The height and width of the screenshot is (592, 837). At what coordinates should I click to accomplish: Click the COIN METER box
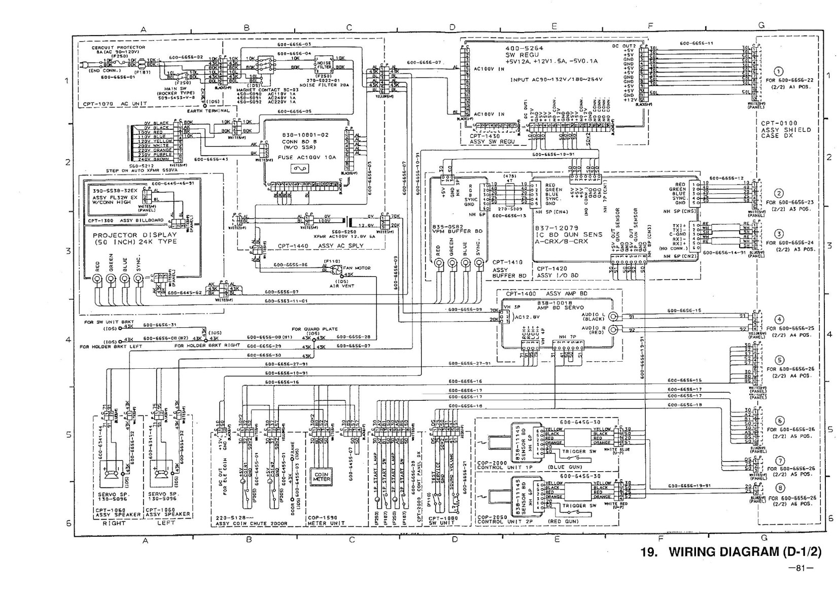322,477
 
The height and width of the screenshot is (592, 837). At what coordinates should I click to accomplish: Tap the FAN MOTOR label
357,268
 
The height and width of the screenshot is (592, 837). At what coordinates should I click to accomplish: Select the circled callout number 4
780,320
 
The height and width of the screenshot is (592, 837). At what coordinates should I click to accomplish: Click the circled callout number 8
780,488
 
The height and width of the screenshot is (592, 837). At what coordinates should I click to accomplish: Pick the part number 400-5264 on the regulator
524,48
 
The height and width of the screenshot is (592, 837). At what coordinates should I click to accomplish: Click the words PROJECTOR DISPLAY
135,235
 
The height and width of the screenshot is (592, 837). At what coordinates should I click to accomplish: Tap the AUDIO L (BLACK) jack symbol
613,317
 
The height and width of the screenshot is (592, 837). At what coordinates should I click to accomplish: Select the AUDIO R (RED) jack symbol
613,330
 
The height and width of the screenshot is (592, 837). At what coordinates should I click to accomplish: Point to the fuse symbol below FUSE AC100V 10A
298,168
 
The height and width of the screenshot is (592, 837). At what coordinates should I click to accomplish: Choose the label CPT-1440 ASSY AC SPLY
320,246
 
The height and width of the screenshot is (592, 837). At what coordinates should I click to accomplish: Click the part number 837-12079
557,228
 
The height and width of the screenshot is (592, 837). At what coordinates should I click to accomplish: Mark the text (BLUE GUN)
565,467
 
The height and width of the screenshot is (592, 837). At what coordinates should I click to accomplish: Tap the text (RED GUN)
563,521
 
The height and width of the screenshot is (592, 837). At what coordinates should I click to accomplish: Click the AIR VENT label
341,286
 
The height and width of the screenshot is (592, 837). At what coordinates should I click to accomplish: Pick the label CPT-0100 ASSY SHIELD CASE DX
786,129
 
